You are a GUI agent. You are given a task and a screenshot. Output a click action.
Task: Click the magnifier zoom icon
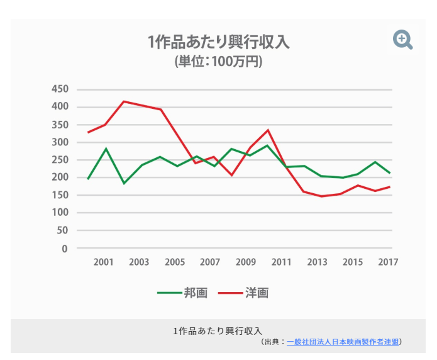[402, 40]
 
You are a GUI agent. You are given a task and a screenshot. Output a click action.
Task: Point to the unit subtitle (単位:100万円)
[218, 62]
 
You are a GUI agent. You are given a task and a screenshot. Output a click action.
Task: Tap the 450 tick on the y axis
[59, 89]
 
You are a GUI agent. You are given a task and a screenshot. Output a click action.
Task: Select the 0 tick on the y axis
[64, 249]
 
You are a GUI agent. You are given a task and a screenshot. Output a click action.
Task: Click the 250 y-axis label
[59, 160]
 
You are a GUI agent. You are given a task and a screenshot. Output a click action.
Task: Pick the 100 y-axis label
[59, 213]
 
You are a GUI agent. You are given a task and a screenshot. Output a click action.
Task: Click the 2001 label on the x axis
[103, 262]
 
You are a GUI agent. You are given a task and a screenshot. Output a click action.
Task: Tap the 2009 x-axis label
[246, 262]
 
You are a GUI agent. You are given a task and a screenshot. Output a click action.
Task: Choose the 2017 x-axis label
[389, 262]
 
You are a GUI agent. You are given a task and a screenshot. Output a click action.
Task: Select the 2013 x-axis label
[318, 262]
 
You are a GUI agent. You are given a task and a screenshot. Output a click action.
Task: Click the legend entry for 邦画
[179, 293]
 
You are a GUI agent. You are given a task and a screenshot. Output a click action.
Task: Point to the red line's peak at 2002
[123, 101]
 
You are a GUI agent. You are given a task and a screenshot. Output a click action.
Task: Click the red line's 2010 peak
[268, 130]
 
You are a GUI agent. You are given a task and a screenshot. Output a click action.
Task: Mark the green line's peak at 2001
[106, 149]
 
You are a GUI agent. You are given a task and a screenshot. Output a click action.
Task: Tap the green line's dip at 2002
[124, 183]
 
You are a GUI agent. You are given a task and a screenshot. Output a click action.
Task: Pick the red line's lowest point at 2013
[321, 196]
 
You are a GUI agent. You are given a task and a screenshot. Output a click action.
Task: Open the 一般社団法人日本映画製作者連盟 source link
[342, 342]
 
